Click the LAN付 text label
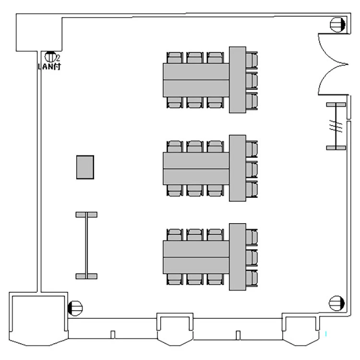pyautogui.click(x=49, y=67)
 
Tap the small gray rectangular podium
pyautogui.click(x=85, y=167)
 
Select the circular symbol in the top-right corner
pyautogui.click(x=337, y=24)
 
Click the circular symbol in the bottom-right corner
pyautogui.click(x=337, y=303)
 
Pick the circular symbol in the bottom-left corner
pyautogui.click(x=75, y=308)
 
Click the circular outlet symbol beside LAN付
pyautogui.click(x=50, y=57)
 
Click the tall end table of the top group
pyautogui.click(x=238, y=80)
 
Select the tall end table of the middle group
pyautogui.click(x=238, y=168)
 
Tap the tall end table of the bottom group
pyautogui.click(x=238, y=257)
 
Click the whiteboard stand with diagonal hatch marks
pyautogui.click(x=336, y=126)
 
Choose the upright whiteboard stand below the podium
pyautogui.click(x=86, y=245)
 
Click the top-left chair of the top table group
pyautogui.click(x=175, y=58)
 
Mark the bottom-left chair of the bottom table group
pyautogui.click(x=175, y=279)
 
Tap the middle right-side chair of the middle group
pyautogui.click(x=252, y=169)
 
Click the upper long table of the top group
pyautogui.click(x=196, y=72)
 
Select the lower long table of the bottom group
pyautogui.click(x=196, y=265)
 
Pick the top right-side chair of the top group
pyautogui.click(x=252, y=60)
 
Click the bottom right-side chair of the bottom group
pyautogui.click(x=252, y=278)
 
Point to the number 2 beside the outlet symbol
pyautogui.click(x=58, y=58)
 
